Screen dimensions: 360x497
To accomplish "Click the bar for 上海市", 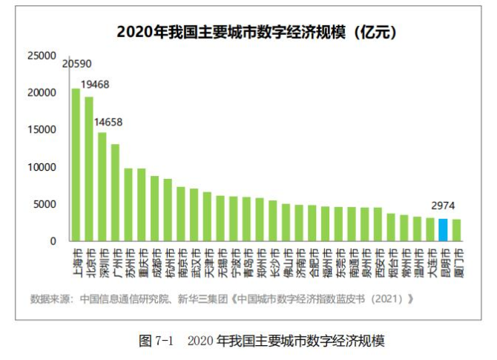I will point(76,165).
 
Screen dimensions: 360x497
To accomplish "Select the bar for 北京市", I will point(89,169).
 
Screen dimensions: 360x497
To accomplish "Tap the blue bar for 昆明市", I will point(443,230).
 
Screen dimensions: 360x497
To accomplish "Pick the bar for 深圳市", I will point(102,187).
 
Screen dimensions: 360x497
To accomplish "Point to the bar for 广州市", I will point(116,193).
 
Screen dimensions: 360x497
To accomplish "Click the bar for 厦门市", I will point(456,230).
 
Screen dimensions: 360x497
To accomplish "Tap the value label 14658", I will point(108,122).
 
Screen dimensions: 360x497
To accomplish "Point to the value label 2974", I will point(443,207).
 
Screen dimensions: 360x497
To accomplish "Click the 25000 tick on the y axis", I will point(42,56).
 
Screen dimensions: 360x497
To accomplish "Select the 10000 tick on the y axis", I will point(42,167).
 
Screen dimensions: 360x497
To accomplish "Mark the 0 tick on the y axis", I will point(53,241).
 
